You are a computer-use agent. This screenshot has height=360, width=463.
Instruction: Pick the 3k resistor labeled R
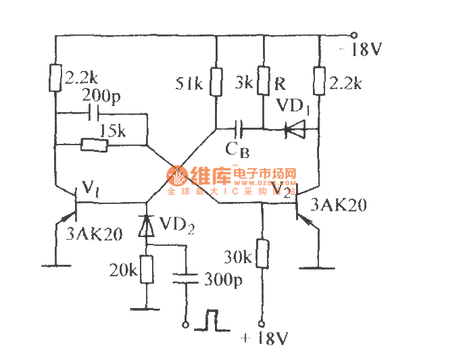tap(264, 82)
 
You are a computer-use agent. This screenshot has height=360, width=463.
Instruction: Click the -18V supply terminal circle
tap(352, 34)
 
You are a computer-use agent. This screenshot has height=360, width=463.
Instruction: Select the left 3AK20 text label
tap(95, 234)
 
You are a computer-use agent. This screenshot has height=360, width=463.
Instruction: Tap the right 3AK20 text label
tap(338, 205)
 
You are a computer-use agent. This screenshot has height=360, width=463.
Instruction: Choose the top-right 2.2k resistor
tap(318, 81)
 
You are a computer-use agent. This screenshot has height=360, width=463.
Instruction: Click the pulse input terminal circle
tap(184, 325)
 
